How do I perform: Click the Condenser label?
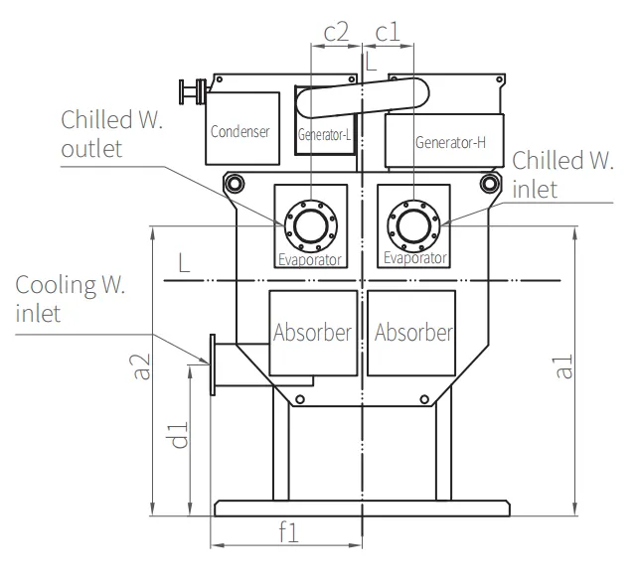239,131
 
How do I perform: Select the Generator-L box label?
324,134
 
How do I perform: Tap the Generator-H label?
450,142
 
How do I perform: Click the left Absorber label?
312,333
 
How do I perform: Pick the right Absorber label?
413,333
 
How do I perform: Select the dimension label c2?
336,33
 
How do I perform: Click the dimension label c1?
388,33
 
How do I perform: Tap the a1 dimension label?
563,366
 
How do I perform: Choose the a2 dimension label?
142,366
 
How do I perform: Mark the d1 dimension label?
179,435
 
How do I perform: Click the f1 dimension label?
289,531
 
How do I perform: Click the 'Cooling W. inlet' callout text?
70,299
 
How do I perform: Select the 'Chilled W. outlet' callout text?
111,134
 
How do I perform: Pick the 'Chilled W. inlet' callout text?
562,174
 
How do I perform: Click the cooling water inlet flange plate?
213,364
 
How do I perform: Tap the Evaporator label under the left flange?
310,260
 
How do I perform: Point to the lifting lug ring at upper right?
490,183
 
